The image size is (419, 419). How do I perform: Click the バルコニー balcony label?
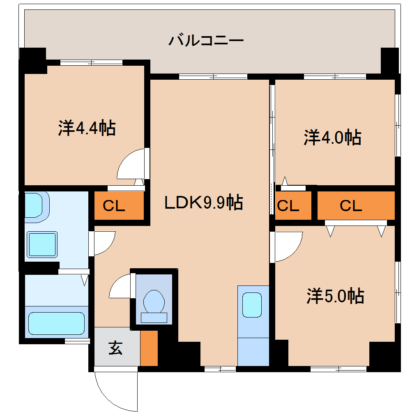tap(207, 41)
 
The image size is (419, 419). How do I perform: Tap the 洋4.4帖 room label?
tap(86, 128)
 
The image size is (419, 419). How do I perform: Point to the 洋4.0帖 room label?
tap(332, 137)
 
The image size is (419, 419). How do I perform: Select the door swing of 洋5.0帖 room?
tap(288, 246)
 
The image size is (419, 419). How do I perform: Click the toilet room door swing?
tap(121, 286)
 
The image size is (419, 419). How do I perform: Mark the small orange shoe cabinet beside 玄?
tap(149, 348)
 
